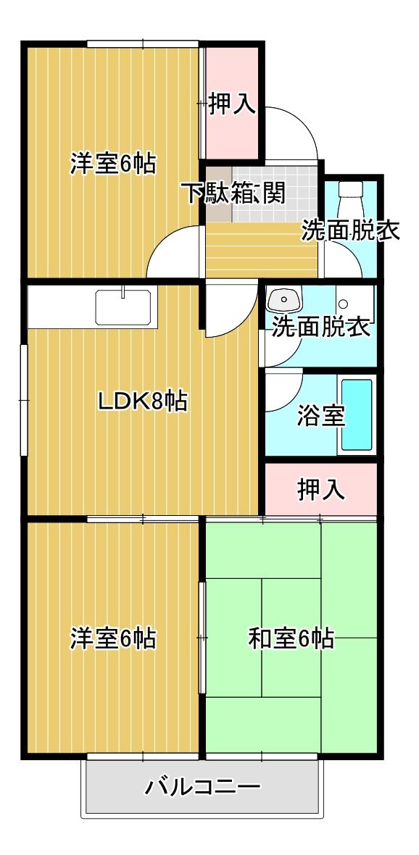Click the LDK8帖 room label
tap(142, 401)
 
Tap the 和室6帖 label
tap(291, 638)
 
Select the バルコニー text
tap(202, 787)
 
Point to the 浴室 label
tap(321, 417)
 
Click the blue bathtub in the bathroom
tap(357, 415)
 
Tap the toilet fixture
tap(350, 199)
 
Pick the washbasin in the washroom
tap(283, 299)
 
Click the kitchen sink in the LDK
tap(123, 307)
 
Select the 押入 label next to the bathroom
tap(321, 490)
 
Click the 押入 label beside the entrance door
tap(233, 104)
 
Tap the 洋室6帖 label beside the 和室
tap(113, 638)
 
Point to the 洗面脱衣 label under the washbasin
tap(322, 327)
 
